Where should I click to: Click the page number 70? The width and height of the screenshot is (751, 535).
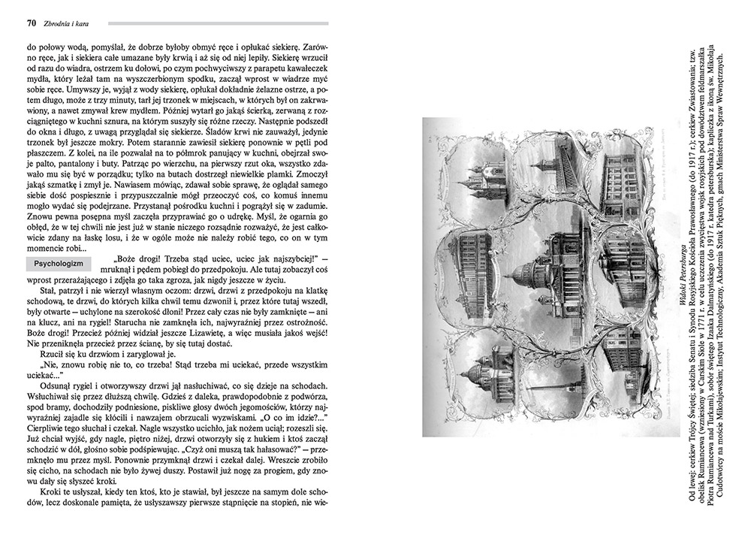[32, 23]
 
